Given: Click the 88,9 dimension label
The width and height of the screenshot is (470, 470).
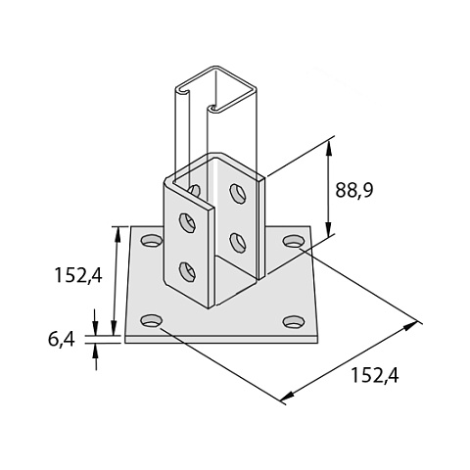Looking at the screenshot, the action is coord(354,190).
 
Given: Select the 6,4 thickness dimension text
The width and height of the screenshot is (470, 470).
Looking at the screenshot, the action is coord(62,339).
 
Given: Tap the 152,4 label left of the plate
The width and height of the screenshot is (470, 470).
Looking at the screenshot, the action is coord(78,275).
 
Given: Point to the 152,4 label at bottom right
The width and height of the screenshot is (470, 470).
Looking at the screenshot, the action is coord(375,375).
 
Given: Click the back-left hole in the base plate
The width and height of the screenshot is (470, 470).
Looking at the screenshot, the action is coord(152,241).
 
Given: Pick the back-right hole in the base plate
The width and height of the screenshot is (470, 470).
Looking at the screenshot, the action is coord(294,241).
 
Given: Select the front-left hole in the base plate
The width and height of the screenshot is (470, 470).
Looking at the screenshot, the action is coord(151,321).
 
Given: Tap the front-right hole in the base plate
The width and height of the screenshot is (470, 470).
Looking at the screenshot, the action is coord(294,322).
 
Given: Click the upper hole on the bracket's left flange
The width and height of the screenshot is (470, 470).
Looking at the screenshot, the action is coord(187,222).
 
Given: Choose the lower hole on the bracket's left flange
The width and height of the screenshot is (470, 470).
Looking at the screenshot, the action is coord(187,272).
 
